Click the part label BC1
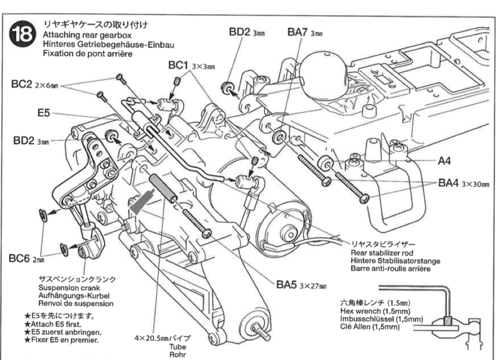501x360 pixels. (x=179, y=66)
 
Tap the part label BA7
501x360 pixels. (x=297, y=32)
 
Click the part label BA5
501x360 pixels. (x=287, y=286)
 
